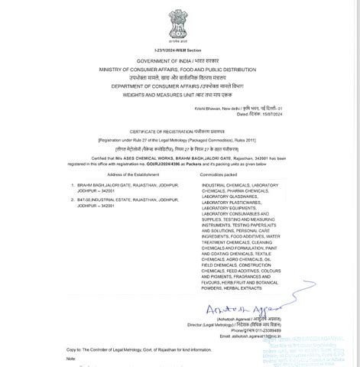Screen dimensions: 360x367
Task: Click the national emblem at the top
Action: click(x=180, y=23)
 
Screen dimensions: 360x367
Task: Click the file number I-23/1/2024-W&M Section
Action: click(x=180, y=50)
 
